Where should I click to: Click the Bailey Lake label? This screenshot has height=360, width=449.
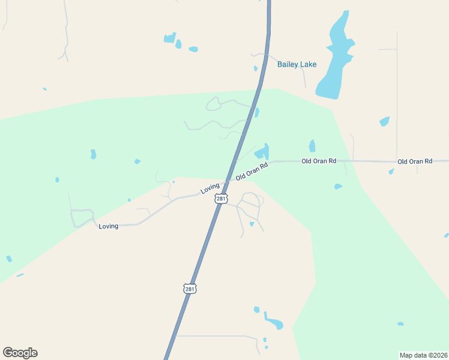tap(297, 64)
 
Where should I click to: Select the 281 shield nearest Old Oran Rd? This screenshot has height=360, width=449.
tap(221, 199)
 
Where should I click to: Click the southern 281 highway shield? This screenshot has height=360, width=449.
tap(190, 289)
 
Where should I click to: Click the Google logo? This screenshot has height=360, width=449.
tap(20, 353)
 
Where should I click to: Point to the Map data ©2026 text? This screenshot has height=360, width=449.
tap(423, 355)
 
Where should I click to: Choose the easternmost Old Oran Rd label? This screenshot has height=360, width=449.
tap(415, 161)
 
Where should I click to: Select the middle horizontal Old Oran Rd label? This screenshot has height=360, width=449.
tap(319, 161)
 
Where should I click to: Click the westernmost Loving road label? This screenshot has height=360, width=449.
tap(109, 226)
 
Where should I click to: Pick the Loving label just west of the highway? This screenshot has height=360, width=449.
tap(210, 188)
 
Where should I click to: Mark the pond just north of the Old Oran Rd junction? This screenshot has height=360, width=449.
tap(262, 152)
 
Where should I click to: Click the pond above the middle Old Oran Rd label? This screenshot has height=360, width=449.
tap(312, 146)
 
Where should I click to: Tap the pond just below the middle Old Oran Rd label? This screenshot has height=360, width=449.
tap(338, 187)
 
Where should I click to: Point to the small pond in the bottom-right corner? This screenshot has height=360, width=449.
tap(400, 324)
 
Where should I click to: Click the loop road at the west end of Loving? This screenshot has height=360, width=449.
tap(82, 217)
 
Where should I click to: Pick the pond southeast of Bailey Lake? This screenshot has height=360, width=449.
tap(384, 122)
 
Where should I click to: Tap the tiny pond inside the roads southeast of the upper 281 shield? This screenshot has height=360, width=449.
tap(252, 224)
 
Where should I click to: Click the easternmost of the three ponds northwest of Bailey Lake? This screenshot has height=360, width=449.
tap(193, 49)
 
